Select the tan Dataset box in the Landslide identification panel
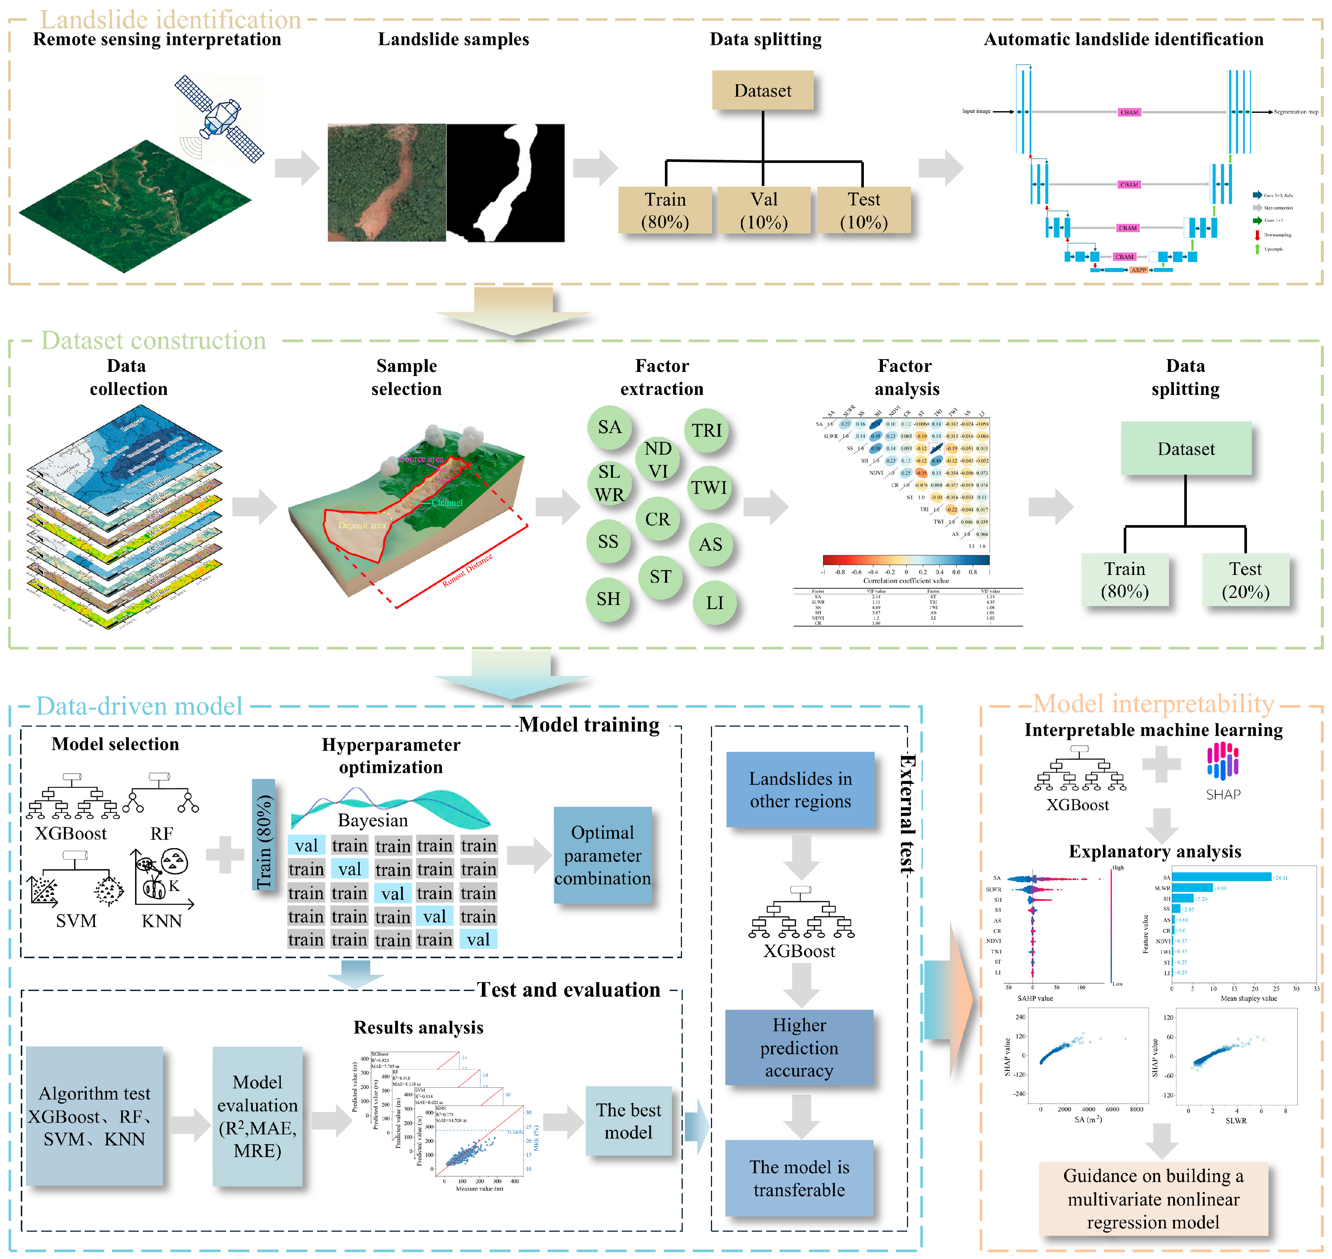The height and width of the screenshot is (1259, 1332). (x=762, y=91)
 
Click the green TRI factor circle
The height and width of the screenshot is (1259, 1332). (x=706, y=430)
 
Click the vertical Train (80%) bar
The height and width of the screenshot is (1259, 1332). (x=264, y=834)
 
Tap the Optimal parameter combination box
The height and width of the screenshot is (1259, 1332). (x=602, y=855)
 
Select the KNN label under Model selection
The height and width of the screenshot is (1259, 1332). (x=162, y=921)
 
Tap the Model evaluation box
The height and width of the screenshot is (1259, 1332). (x=257, y=1116)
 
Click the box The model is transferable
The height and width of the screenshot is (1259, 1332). (x=799, y=1178)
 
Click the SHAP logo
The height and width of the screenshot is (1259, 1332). (x=1222, y=771)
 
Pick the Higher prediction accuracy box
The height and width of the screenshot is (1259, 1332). (x=799, y=1047)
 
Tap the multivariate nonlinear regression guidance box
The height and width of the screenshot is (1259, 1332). (x=1153, y=1198)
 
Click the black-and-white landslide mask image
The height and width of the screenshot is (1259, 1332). (x=505, y=183)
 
